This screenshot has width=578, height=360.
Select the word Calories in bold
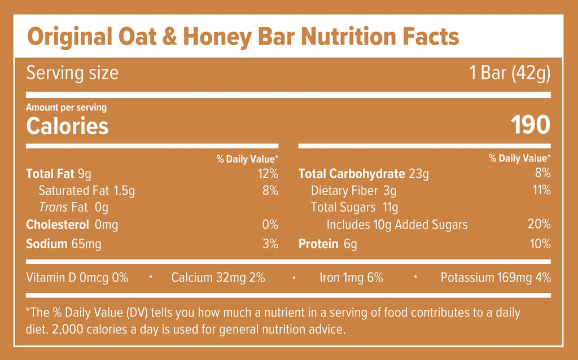point(67,126)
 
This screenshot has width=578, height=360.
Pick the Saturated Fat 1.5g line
point(86,191)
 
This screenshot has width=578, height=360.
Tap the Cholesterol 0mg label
point(72,225)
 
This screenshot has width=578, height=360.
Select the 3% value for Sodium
point(270,244)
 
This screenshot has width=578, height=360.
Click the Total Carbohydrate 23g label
point(363,174)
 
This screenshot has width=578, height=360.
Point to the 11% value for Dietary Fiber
point(540,190)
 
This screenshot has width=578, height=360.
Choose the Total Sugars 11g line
point(354,208)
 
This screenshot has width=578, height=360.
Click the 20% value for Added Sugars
point(539,225)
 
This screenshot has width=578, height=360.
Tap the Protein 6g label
point(327,244)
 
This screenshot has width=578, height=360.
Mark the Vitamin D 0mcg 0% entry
point(77,278)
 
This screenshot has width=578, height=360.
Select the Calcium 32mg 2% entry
point(218,278)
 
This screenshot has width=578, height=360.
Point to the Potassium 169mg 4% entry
point(496,278)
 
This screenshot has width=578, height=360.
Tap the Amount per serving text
point(66,107)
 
